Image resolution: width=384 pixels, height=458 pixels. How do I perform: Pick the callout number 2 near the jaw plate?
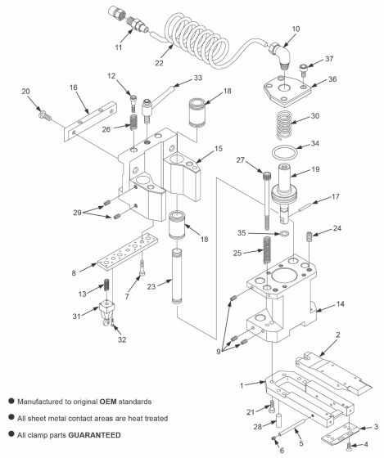pos(337,335)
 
